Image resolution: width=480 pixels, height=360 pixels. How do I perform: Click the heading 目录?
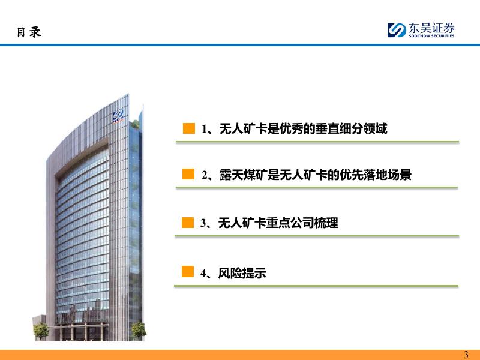29,32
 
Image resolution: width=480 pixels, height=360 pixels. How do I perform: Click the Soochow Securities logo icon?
397,30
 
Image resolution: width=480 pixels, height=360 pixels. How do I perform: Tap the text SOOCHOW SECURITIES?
431,36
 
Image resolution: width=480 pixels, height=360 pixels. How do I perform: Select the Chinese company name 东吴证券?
431,28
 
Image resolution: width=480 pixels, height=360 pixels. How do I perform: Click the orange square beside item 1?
189,128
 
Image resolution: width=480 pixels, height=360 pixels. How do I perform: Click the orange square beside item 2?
188,174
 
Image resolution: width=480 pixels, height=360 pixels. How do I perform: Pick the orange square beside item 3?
188,223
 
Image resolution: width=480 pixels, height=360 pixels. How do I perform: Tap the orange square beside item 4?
188,271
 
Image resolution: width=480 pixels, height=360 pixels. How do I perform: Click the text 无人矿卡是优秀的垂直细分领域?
304,128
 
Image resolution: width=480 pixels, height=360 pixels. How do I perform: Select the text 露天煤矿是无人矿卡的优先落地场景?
316,175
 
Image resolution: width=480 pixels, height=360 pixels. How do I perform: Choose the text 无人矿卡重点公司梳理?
278,223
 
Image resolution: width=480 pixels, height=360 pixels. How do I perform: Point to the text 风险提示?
242,273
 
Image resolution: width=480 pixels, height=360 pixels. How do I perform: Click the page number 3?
466,355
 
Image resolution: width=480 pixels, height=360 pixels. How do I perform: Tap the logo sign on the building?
118,115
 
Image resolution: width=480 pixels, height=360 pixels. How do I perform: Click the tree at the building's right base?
139,330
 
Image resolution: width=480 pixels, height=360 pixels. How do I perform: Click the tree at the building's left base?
41,331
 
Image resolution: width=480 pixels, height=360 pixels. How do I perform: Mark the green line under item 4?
316,286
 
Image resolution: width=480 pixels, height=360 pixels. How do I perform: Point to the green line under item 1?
317,142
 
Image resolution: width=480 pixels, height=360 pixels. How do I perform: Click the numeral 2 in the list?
205,175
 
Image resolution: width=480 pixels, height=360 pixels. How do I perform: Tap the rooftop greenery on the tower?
134,125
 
